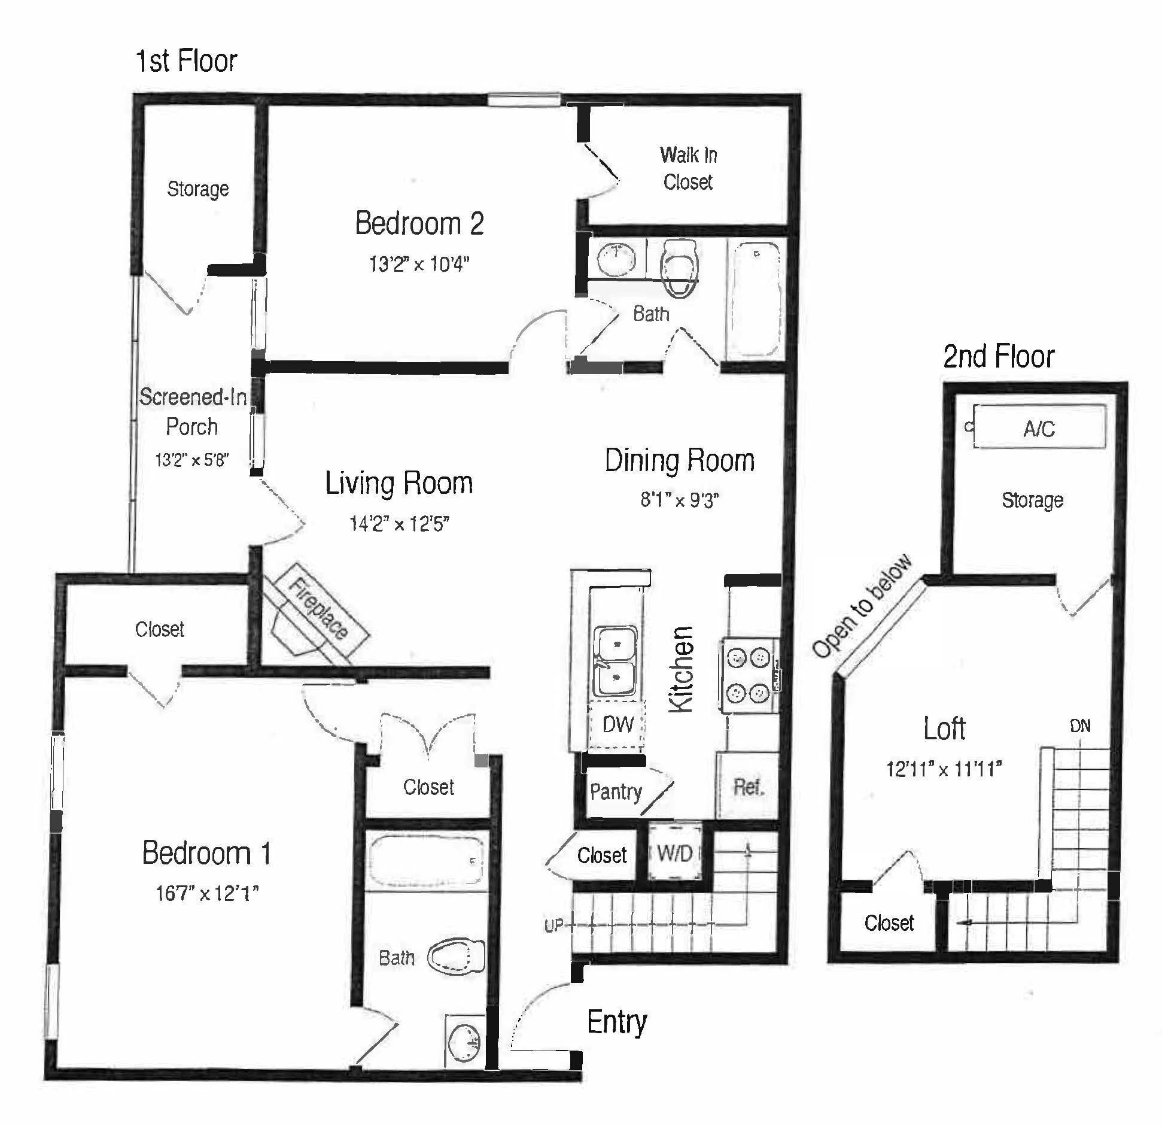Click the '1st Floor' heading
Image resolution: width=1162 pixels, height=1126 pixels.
[x=187, y=60]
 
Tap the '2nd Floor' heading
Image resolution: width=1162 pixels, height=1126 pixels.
[x=999, y=356]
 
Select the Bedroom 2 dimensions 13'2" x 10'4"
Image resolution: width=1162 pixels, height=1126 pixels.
[x=419, y=263]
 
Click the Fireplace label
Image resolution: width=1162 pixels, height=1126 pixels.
[x=318, y=608]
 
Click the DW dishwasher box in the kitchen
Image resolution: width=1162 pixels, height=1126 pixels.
[x=617, y=724]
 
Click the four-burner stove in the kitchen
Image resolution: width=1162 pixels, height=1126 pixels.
[x=749, y=675]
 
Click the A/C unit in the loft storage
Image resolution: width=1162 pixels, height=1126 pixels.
[x=1039, y=427]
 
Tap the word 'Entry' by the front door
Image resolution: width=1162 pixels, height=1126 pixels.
[x=617, y=1022]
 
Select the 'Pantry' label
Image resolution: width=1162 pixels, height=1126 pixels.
[x=616, y=792]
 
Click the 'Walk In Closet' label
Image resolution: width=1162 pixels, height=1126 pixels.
[x=688, y=168]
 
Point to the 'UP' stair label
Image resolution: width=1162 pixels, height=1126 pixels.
[x=553, y=925]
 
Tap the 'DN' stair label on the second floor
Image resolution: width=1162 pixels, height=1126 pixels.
[x=1080, y=726]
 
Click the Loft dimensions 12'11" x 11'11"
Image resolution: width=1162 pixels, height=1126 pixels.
[x=944, y=769]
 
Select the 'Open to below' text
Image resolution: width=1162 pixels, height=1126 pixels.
[x=862, y=606]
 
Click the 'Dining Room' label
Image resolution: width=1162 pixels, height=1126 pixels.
[x=679, y=460]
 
